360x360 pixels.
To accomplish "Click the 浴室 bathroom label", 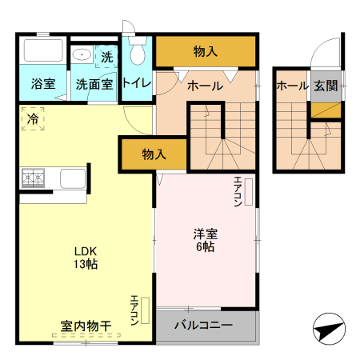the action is tap(43, 84).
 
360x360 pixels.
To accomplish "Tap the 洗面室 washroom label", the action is tap(94, 84).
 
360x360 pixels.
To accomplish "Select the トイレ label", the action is tap(138, 83).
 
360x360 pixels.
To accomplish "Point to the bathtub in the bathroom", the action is tap(43, 50).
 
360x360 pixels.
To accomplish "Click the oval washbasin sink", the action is tap(82, 54).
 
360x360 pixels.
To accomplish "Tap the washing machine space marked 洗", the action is tap(106, 57).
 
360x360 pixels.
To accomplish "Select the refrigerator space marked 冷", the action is tap(33, 118).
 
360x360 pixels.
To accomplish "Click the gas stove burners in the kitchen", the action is tap(33, 178).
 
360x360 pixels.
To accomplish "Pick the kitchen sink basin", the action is tap(73, 178).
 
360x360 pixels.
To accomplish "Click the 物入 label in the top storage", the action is tap(206, 51).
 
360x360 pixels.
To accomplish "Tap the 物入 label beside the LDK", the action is tap(154, 154).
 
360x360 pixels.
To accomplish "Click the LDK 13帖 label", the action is tap(86, 258).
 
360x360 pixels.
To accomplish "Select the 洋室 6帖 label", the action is tap(206, 240).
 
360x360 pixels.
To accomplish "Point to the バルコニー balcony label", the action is tap(203, 325).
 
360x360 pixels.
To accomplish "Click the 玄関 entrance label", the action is tap(326, 86).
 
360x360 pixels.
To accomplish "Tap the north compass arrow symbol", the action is tap(329, 329).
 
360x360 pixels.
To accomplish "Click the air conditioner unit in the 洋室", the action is tap(249, 192).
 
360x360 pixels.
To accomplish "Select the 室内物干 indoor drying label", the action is tap(86, 326).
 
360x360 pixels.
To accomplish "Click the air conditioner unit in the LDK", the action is tap(145, 310).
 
